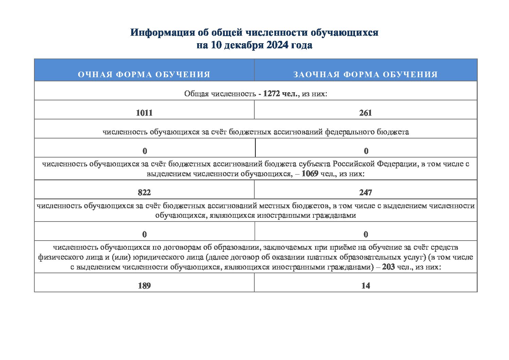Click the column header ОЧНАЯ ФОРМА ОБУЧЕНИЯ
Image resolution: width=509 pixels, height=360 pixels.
pyautogui.click(x=144, y=75)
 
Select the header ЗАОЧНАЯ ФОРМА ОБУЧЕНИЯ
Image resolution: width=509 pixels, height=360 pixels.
pyautogui.click(x=366, y=75)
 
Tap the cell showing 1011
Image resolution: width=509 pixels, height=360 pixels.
pyautogui.click(x=144, y=113)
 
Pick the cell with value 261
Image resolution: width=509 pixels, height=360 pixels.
pyautogui.click(x=366, y=113)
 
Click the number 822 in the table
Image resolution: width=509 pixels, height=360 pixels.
pyautogui.click(x=144, y=193)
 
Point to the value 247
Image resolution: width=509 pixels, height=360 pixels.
pyautogui.click(x=366, y=193)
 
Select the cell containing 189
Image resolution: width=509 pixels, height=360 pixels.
pyautogui.click(x=144, y=286)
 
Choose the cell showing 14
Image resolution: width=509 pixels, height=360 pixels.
pyautogui.click(x=366, y=286)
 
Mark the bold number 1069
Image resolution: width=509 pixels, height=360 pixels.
pyautogui.click(x=310, y=174)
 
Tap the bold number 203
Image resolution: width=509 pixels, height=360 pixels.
pyautogui.click(x=388, y=267)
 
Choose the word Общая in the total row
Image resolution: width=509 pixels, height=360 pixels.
pyautogui.click(x=196, y=94)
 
